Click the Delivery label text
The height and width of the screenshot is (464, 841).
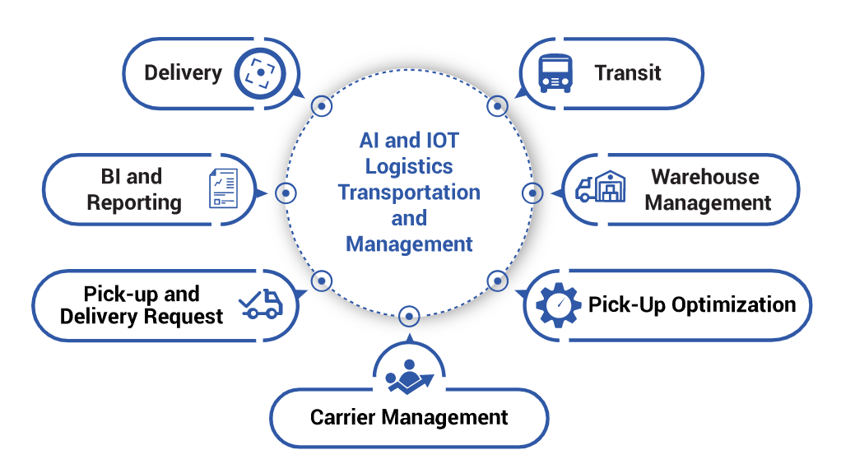183,72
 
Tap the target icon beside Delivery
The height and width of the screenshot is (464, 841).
260,72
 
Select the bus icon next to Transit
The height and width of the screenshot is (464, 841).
555,72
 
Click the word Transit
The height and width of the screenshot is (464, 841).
628,72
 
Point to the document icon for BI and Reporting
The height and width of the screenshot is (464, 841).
223,188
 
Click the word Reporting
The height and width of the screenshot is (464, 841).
134,202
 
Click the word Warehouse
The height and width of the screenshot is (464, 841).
705,177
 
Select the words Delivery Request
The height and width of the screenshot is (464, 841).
142,316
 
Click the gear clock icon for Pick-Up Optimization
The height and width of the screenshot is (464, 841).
559,304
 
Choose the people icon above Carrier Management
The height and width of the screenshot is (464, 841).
409,374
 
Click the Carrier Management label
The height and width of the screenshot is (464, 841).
409,417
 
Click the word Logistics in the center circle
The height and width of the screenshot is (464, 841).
409,166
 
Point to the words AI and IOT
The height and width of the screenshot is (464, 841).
409,140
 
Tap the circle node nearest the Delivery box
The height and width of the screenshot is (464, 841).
321,105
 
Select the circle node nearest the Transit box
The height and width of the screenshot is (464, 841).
497,105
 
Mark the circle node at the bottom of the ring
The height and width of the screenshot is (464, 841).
409,316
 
